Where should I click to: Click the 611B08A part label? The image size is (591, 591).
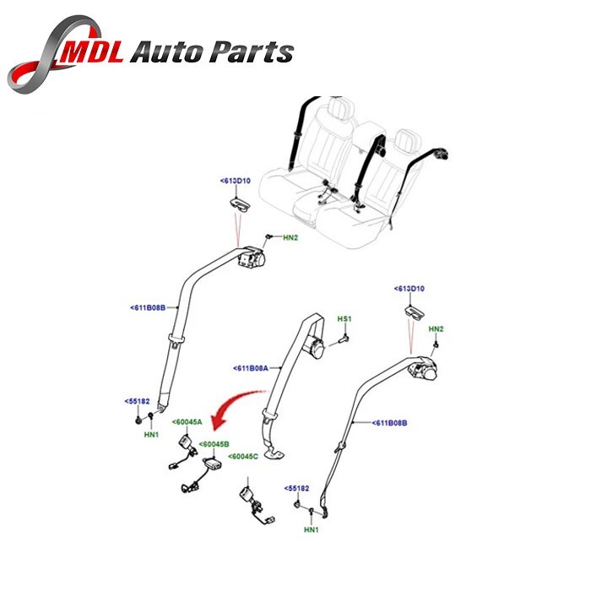pos(251,368)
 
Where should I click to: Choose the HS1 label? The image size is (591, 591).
pos(344,319)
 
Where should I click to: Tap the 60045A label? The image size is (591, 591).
pos(187,422)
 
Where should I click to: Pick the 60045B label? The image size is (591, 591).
pos(214,444)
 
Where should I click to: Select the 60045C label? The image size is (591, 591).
pos(241,457)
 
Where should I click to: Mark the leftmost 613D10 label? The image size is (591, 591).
pos(237,181)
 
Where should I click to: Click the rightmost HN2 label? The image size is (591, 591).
pos(436,328)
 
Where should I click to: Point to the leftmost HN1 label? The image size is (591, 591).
pos(151,435)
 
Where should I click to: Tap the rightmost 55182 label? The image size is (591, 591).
pos(298,488)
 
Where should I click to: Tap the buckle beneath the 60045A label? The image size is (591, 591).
pos(183,443)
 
